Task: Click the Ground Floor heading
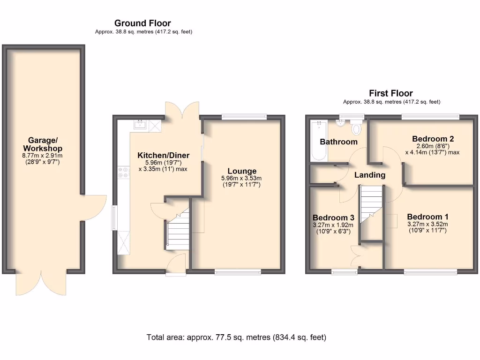click(x=142, y=23)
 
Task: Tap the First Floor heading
click(x=391, y=93)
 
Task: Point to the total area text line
click(x=236, y=337)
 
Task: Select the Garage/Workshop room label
click(x=43, y=144)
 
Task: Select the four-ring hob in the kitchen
click(x=124, y=172)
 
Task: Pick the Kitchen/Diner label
click(x=163, y=155)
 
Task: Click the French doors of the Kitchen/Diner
click(x=181, y=111)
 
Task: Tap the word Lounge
click(x=242, y=171)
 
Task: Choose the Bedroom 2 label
click(x=433, y=139)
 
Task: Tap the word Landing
click(x=369, y=175)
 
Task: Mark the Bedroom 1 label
click(x=427, y=217)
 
